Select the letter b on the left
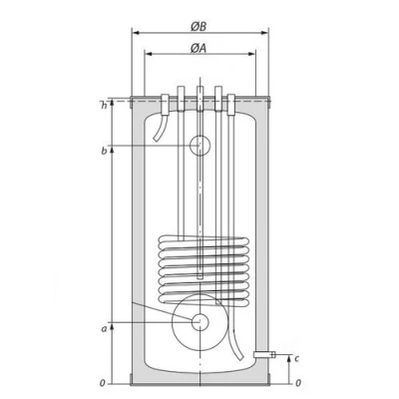[x=103, y=151]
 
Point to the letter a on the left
[x=103, y=326]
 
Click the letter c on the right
[x=297, y=359]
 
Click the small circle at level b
[x=199, y=146]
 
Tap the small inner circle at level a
[x=199, y=322]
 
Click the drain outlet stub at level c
[x=262, y=354]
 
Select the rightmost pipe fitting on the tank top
[x=232, y=100]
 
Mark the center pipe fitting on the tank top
[x=199, y=97]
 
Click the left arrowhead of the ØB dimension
[x=134, y=31]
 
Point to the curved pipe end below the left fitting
[x=157, y=135]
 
